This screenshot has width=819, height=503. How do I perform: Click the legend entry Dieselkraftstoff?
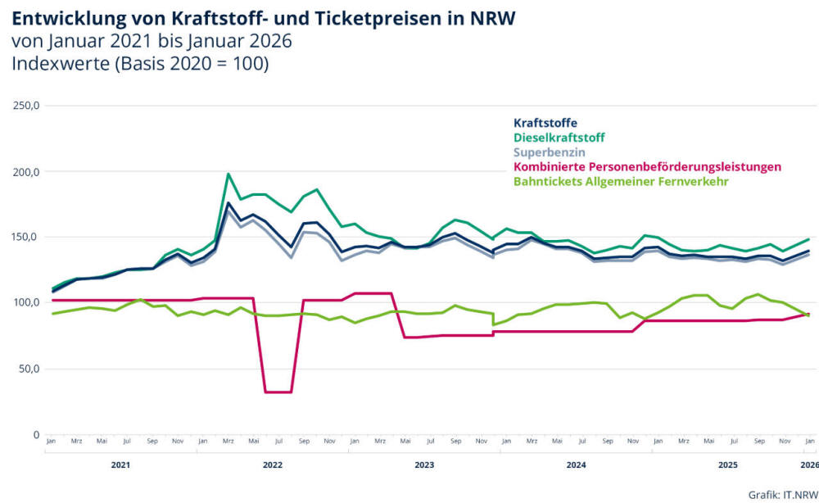[x=559, y=138]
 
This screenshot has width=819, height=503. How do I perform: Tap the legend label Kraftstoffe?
[x=545, y=124]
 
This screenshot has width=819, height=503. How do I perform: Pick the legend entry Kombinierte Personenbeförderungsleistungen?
[x=647, y=167]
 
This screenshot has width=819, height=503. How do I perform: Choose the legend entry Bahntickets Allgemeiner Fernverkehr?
[x=621, y=181]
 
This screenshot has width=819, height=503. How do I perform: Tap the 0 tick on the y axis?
[x=37, y=434]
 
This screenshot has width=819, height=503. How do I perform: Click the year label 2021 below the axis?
[x=120, y=465]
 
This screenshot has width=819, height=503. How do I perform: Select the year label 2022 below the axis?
[x=273, y=465]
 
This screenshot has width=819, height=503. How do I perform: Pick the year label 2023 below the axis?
[x=424, y=465]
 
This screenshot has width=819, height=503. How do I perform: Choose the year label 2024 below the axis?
[x=577, y=465]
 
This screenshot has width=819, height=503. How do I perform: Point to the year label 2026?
[x=809, y=465]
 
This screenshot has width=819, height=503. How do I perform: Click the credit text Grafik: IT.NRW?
[x=783, y=493]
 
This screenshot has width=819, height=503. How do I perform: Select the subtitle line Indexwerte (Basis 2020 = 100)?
[x=140, y=63]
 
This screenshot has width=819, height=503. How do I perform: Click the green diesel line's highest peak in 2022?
[x=228, y=174]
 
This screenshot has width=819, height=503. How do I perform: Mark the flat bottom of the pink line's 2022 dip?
[x=278, y=392]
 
